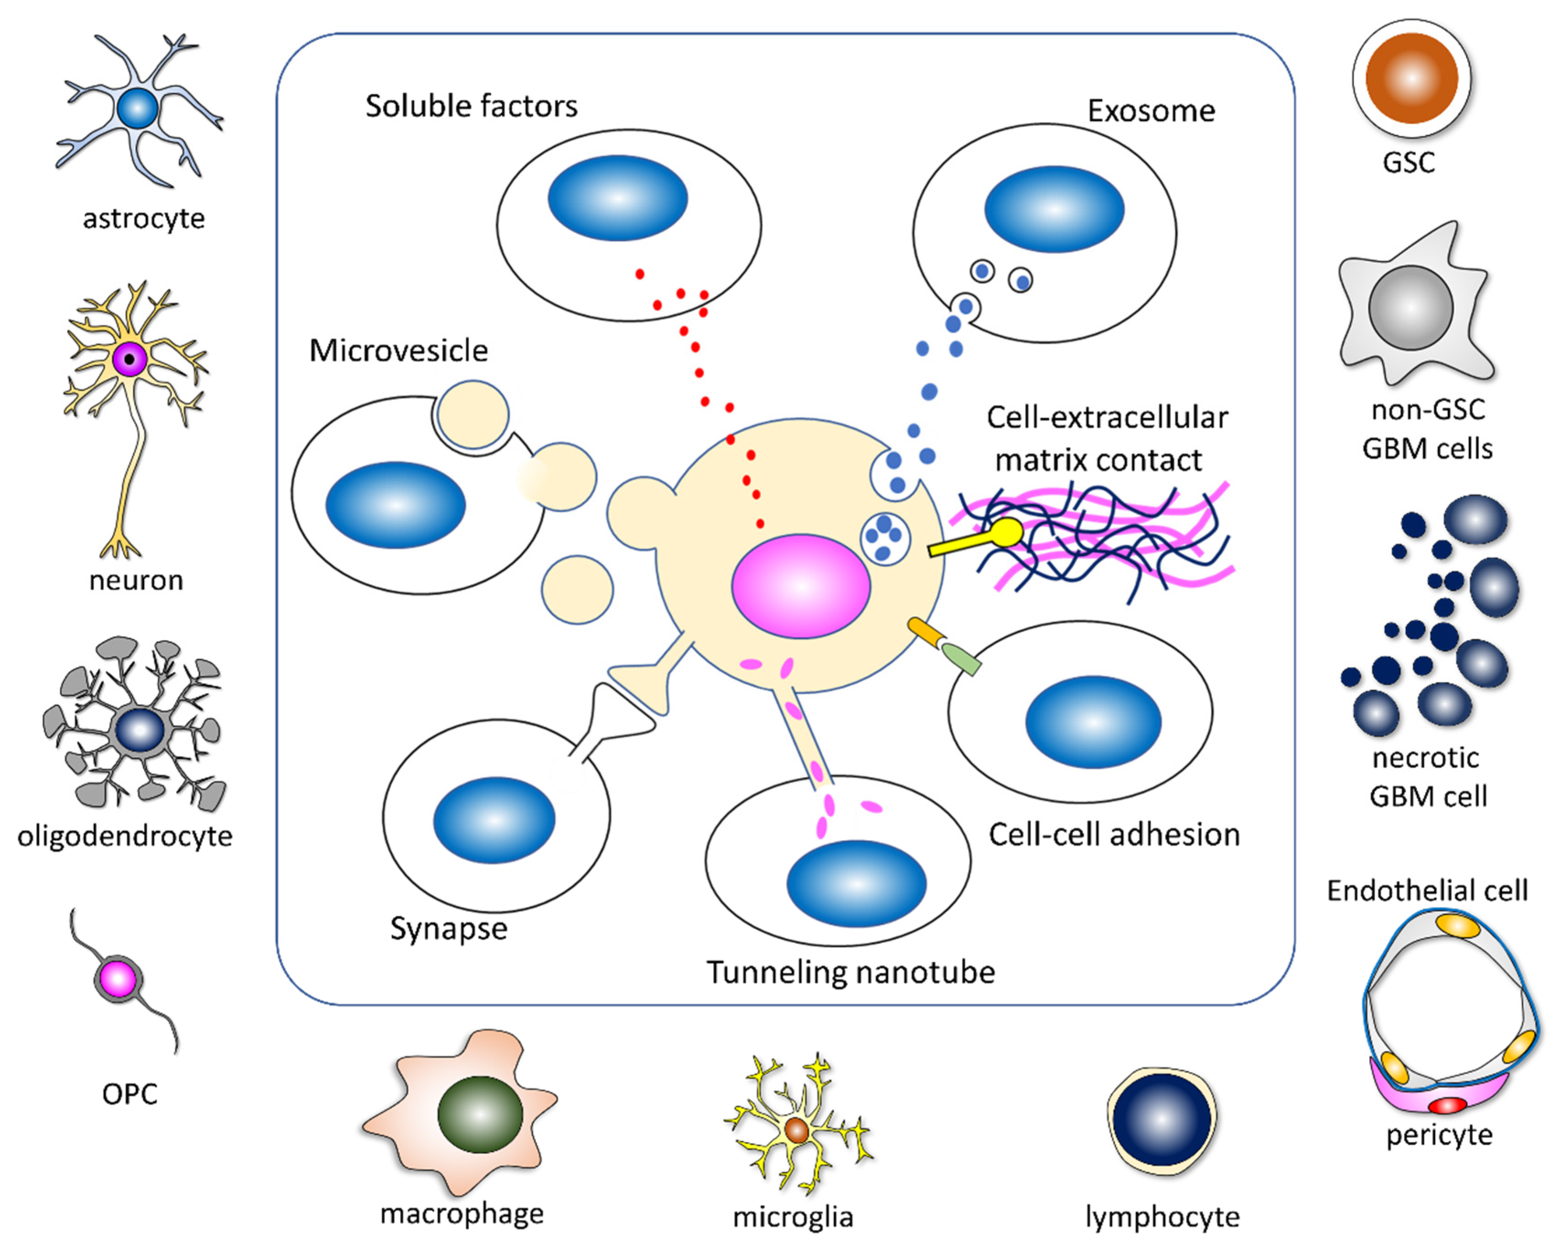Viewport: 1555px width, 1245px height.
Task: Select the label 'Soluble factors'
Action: coord(471,106)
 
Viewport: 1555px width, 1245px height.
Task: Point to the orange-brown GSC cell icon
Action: coord(1411,78)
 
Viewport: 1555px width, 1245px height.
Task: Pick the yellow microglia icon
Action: coord(797,1130)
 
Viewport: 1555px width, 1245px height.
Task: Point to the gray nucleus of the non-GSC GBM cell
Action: coord(1410,308)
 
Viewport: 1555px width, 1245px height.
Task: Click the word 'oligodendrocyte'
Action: coord(125,836)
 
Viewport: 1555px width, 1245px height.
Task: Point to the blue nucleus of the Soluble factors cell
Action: coord(617,198)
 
